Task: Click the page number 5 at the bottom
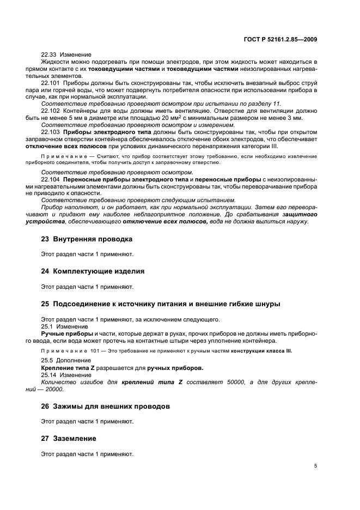pos(316,466)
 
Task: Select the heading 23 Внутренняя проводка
pos(87,239)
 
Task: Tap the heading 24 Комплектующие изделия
pos(93,271)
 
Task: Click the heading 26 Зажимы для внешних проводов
pos(106,406)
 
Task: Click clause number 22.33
pos(49,55)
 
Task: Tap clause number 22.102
pos(51,111)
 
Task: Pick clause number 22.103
pos(51,132)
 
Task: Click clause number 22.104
pos(51,179)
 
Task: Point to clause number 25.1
pos(47,326)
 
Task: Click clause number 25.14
pos(49,375)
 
